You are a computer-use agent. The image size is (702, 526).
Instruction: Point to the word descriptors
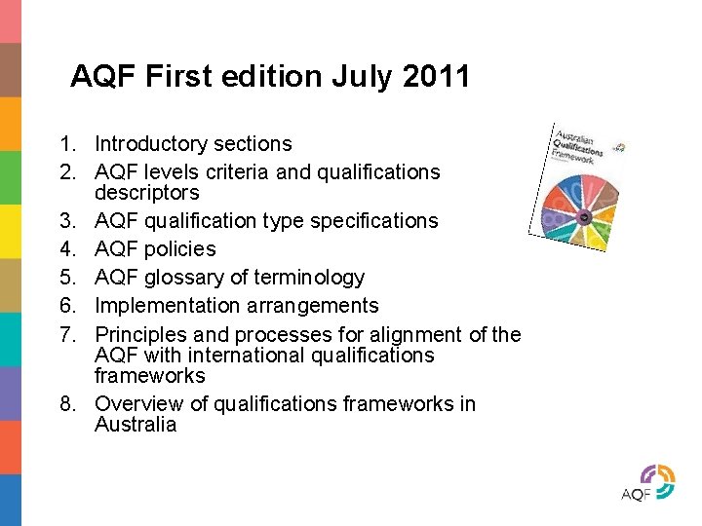pos(146,193)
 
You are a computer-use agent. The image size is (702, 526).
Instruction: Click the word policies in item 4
pos(181,249)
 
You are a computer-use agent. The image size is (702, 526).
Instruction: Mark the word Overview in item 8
pos(137,403)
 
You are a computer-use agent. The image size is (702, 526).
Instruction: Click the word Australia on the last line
pos(136,425)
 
